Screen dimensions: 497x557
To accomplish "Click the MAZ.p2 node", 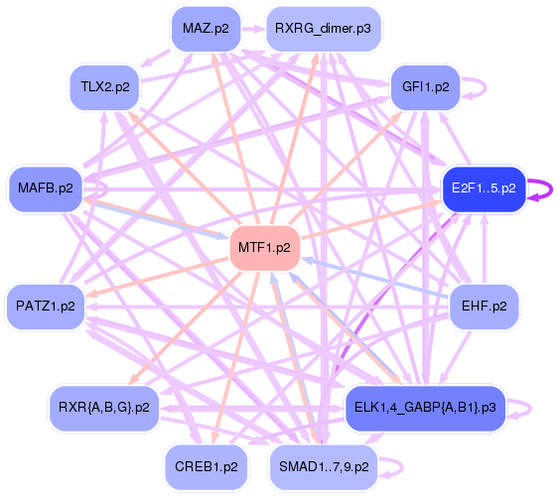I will [206, 29].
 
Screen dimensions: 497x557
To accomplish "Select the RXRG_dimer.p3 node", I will [323, 29].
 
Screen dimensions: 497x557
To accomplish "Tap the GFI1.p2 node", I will [425, 87].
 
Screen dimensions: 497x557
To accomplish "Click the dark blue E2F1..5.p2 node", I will [483, 187].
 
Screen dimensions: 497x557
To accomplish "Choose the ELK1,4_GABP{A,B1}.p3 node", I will [424, 407].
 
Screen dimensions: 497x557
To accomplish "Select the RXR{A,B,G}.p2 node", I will [104, 407].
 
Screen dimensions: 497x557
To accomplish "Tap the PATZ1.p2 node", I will [46, 306].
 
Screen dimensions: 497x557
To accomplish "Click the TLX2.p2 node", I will [104, 87].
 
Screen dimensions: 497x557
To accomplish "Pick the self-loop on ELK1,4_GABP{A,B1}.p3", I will [528, 407].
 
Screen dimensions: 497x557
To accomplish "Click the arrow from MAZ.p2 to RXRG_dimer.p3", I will [253, 30].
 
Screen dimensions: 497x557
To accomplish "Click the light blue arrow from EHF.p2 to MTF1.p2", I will [377, 278].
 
